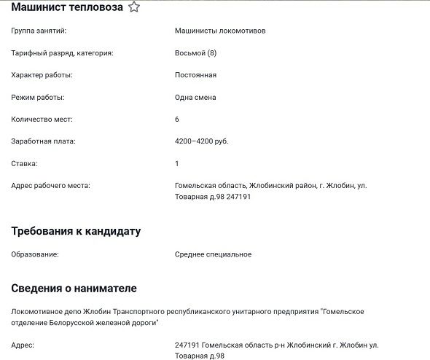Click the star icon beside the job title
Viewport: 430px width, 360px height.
(x=134, y=7)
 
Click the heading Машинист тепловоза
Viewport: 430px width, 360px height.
(x=67, y=7)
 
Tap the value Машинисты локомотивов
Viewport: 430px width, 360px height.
(x=220, y=31)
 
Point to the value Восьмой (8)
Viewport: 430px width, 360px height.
(x=195, y=53)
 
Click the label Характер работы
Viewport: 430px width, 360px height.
(x=42, y=75)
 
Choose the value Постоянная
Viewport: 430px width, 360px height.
(x=195, y=75)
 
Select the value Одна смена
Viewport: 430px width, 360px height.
(x=195, y=97)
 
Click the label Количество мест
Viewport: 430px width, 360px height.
(x=42, y=119)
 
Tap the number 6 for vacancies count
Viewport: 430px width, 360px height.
(x=177, y=119)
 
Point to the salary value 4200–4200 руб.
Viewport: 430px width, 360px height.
(x=202, y=141)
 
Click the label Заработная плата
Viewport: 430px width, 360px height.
(x=44, y=141)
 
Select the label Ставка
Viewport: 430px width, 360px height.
(x=25, y=163)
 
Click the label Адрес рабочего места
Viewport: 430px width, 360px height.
(x=50, y=185)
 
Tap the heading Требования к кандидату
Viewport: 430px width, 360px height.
(x=76, y=231)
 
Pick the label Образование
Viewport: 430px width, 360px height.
(x=35, y=254)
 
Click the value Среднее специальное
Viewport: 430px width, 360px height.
(x=214, y=254)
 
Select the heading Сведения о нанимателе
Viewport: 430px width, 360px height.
(x=74, y=288)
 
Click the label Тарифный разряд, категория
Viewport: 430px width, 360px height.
(x=63, y=53)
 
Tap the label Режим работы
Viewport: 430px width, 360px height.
(x=38, y=97)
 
